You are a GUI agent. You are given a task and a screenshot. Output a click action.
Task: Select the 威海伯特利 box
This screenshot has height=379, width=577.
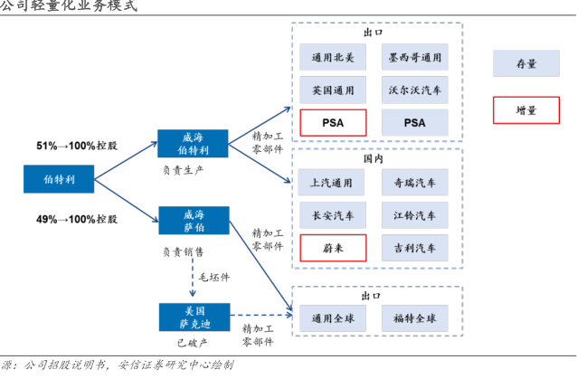[x=193, y=143]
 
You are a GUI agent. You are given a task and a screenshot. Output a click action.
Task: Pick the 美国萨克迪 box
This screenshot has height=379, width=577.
[x=193, y=317]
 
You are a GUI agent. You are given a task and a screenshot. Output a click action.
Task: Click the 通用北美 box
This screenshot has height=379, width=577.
[x=333, y=58]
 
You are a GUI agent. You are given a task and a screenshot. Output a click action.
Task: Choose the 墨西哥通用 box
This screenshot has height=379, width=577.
[x=415, y=58]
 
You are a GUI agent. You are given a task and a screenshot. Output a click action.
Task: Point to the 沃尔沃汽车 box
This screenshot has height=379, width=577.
[x=415, y=90]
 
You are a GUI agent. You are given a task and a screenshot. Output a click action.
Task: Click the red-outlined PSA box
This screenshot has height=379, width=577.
[x=333, y=122]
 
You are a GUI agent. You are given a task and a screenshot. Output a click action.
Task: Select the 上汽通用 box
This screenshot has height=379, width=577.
[x=333, y=183]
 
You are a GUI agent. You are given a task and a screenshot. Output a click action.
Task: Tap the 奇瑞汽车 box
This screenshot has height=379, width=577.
[x=415, y=183]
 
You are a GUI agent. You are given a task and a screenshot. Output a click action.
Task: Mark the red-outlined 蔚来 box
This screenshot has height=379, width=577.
[x=333, y=247]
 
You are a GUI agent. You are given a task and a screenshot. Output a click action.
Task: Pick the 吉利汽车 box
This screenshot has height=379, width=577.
[x=415, y=247]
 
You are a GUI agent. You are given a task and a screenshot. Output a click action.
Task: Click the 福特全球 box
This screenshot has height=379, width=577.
[x=415, y=318]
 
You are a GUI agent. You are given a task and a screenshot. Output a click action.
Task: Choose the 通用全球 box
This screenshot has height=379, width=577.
[x=333, y=318]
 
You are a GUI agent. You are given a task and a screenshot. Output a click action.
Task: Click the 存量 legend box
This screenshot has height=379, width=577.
[x=526, y=64]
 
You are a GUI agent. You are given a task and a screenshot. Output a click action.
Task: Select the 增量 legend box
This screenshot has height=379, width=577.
[x=526, y=110]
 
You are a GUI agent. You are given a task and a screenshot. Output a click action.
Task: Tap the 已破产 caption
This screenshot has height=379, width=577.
[x=193, y=344]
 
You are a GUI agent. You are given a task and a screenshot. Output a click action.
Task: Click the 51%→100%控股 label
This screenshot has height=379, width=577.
[x=77, y=145]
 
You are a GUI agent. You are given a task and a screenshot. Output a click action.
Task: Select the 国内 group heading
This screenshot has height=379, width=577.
[x=374, y=157]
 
